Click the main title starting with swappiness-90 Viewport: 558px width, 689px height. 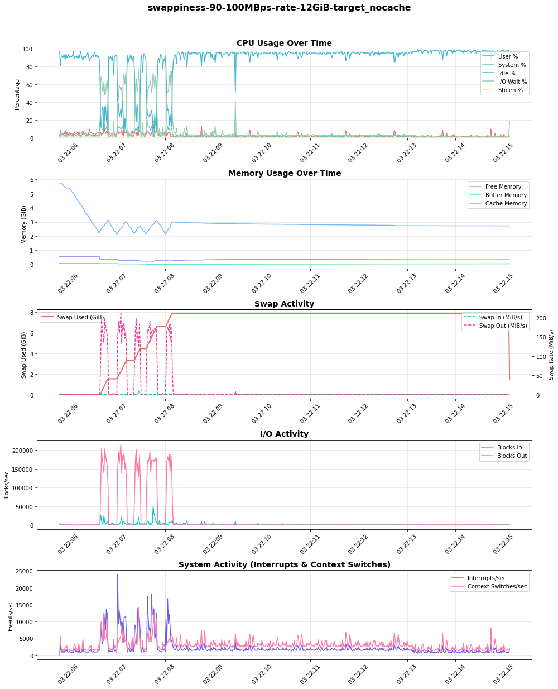(279, 8)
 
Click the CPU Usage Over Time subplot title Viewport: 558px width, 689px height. (284, 44)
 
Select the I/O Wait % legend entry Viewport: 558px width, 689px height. (512, 82)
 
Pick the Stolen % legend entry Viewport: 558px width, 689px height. (510, 90)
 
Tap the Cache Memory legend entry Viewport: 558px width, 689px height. (506, 203)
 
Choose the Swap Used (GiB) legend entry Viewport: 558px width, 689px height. (80, 317)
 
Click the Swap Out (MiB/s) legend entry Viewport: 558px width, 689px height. (503, 326)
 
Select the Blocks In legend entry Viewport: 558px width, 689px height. (509, 447)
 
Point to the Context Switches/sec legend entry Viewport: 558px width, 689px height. (497, 586)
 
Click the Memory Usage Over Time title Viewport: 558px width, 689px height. (284, 174)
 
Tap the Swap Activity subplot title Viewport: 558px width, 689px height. (284, 304)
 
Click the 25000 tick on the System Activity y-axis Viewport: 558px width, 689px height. (25, 571)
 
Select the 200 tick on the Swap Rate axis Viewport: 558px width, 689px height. (541, 318)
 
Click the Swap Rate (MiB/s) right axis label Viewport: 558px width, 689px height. (551, 355)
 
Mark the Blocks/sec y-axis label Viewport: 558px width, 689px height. (7, 485)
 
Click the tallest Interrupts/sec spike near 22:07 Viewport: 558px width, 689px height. (117, 575)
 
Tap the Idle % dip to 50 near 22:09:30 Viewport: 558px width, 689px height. (235, 93)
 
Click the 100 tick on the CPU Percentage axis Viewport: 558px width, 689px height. (27, 49)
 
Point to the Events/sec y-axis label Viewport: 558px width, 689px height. (11, 616)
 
